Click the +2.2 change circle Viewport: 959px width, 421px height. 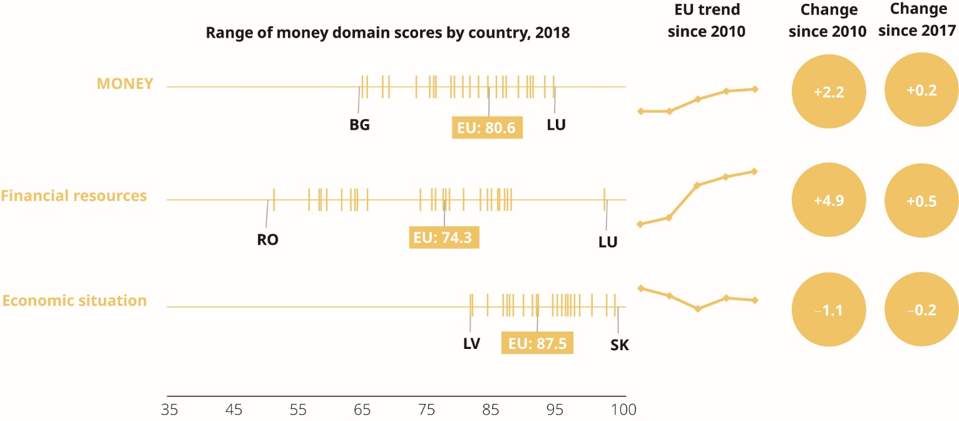[x=829, y=91]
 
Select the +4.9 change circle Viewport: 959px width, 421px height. [x=829, y=202]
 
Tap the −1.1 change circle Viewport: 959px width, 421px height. [x=829, y=309]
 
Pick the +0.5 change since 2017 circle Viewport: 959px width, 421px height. [x=921, y=202]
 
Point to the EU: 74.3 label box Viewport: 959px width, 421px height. [x=444, y=237]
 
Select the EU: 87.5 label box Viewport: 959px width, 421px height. [x=537, y=343]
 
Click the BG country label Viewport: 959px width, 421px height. [x=359, y=125]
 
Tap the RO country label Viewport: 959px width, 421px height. [x=267, y=239]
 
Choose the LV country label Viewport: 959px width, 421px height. [x=471, y=344]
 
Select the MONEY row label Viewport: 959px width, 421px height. [x=125, y=84]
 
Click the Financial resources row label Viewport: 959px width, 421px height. [x=74, y=195]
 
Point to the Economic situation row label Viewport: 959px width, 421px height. [x=74, y=301]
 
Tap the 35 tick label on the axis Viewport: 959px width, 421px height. [x=168, y=410]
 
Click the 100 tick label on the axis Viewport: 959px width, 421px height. [x=624, y=410]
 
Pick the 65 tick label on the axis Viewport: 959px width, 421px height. [x=362, y=410]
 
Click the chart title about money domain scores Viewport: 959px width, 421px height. [x=387, y=33]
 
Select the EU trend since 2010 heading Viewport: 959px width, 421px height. [x=706, y=21]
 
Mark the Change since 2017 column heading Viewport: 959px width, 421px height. [x=921, y=21]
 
